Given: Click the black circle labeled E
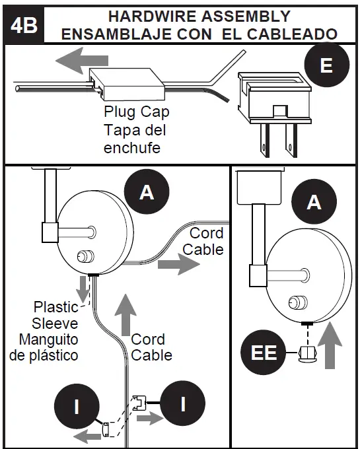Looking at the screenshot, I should tap(325, 65).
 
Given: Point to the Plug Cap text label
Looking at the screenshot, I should tap(136, 112).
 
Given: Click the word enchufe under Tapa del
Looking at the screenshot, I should tap(132, 149).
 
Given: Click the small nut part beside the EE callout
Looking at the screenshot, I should tap(306, 354).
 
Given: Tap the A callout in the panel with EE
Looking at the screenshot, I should tap(314, 201).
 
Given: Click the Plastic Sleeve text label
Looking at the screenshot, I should tap(56, 315).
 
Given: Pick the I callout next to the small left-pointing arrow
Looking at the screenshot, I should tap(77, 405).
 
